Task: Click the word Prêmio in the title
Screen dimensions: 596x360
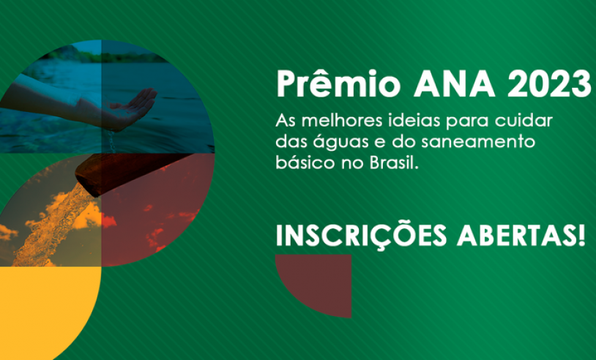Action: [x=338, y=83]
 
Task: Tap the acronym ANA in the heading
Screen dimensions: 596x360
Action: [x=455, y=84]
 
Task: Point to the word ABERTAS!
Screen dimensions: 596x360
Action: [x=521, y=236]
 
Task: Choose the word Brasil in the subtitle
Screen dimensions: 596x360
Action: [x=393, y=163]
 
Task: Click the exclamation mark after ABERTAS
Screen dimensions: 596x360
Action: [x=581, y=236]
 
